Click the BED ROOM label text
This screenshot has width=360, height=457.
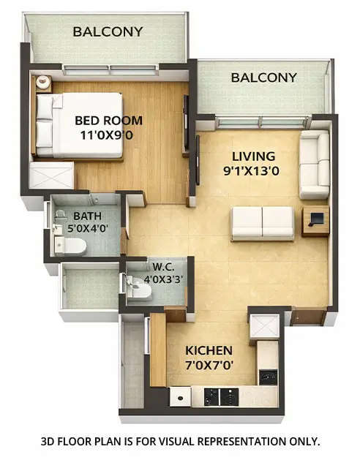point(109,121)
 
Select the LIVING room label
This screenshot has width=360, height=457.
point(253,156)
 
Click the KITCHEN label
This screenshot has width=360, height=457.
point(209,350)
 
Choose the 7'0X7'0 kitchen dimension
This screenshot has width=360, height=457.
point(209,364)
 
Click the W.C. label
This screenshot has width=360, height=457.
point(162,266)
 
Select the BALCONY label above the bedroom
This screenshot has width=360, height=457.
point(108,32)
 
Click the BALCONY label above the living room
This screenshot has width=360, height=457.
point(263,78)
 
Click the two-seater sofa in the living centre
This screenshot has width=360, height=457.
point(262,223)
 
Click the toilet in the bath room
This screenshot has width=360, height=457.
point(70,245)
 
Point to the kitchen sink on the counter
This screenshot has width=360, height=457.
point(180,397)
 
